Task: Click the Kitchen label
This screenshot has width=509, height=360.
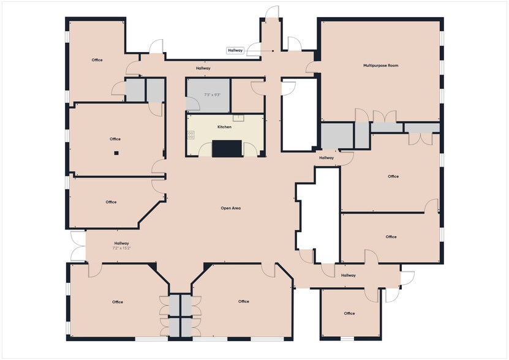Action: point(224,127)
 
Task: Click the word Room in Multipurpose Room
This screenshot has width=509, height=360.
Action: point(393,66)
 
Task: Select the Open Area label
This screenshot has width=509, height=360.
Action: point(230,208)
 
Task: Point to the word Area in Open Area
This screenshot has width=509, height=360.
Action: point(236,208)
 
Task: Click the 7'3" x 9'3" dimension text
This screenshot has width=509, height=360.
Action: point(213,95)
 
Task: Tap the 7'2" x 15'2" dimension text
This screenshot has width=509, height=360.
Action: point(121,249)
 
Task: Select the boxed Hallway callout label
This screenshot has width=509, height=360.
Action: point(235,51)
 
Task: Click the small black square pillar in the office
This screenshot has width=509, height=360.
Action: point(116,153)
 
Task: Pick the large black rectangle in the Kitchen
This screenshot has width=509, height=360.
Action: point(227,149)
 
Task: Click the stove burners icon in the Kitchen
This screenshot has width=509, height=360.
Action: point(190,135)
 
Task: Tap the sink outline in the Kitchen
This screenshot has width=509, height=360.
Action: point(238,118)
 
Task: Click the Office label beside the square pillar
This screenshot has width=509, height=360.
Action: point(115,139)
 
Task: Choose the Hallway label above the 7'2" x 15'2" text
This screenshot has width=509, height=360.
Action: point(121,243)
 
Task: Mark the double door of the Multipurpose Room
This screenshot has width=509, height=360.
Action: point(385,117)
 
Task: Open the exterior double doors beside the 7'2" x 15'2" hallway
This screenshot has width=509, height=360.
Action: point(78,246)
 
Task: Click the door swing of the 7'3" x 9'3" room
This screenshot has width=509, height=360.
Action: point(193,104)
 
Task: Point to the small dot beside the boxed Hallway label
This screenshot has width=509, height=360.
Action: point(273,51)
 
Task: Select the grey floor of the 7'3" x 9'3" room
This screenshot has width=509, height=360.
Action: point(208,96)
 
